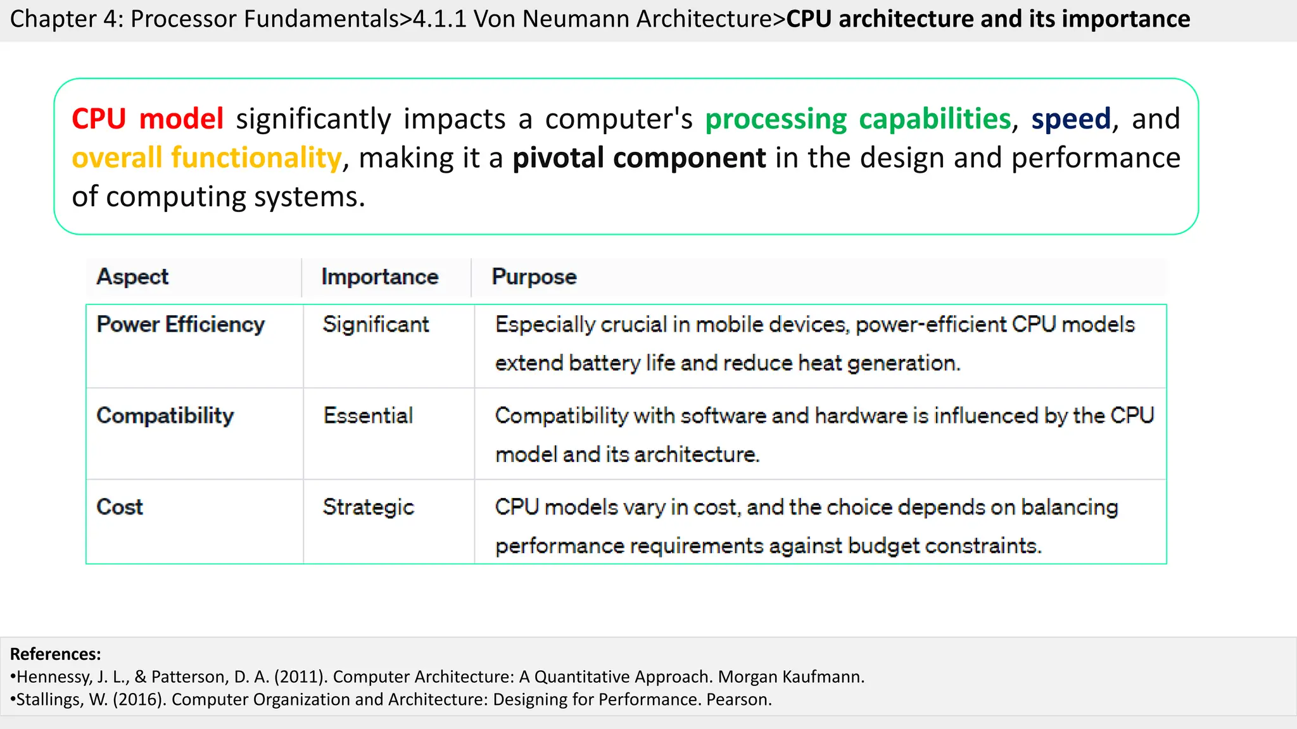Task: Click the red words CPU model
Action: click(147, 119)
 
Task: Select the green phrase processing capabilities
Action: click(858, 119)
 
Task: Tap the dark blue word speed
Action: click(1071, 119)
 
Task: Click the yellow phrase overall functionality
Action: click(206, 158)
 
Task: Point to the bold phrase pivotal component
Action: click(639, 158)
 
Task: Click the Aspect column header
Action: click(132, 277)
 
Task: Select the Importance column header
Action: click(380, 277)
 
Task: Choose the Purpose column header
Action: click(534, 277)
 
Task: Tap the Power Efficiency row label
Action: click(180, 325)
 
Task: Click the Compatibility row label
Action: click(165, 416)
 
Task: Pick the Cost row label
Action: click(120, 507)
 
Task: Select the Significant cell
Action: click(376, 325)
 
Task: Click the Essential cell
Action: click(368, 416)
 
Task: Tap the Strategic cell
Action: click(368, 507)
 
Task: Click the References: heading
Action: click(56, 654)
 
